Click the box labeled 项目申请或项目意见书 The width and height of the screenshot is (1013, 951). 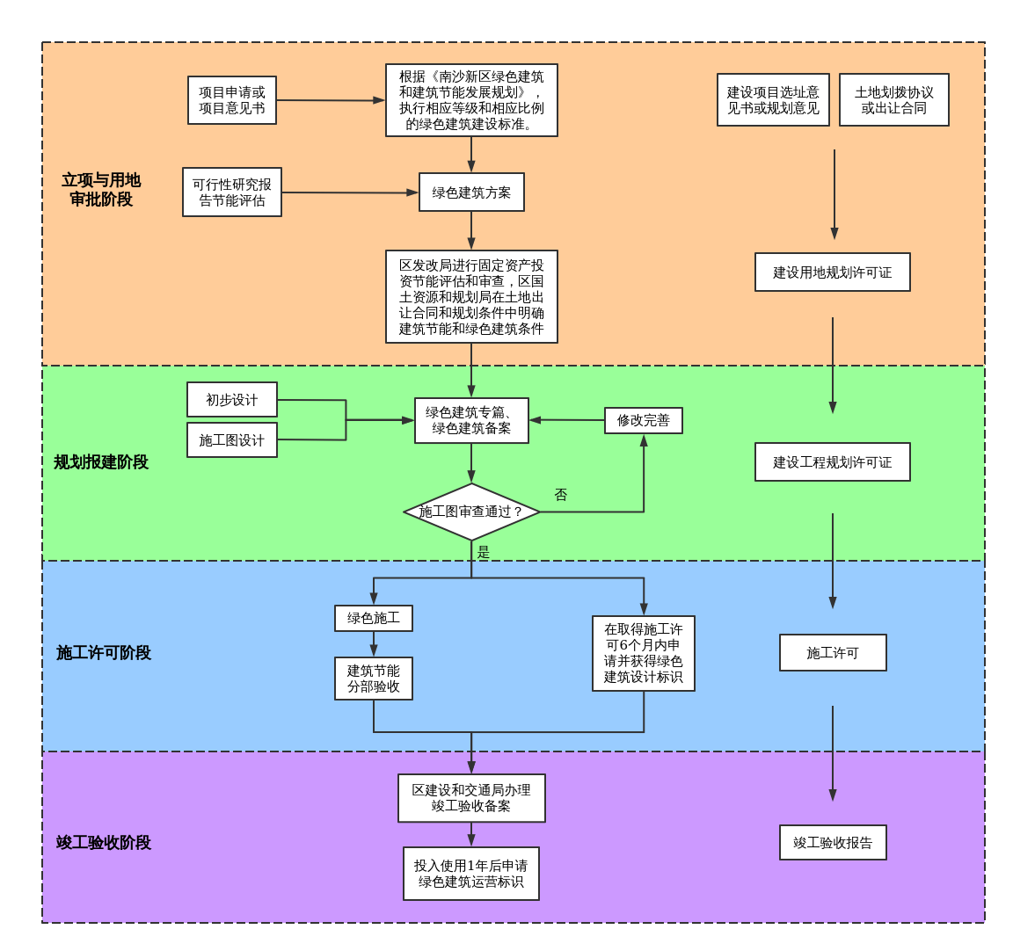click(232, 100)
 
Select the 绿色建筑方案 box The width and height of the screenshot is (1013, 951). click(471, 192)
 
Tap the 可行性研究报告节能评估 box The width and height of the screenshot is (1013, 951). click(232, 192)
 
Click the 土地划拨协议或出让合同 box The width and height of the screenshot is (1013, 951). click(893, 100)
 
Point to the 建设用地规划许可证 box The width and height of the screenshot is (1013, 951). click(832, 272)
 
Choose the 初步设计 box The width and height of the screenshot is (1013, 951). click(232, 400)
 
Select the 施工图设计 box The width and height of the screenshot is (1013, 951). click(232, 440)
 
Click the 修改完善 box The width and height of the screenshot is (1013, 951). click(643, 420)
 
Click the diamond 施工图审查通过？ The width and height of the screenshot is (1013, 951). click(471, 512)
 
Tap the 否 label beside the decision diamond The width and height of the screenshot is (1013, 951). click(561, 495)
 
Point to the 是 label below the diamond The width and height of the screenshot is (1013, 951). click(483, 552)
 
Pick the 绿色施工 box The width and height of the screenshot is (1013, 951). click(373, 618)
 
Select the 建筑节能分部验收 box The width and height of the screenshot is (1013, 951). click(373, 679)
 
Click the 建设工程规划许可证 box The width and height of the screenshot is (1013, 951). click(832, 462)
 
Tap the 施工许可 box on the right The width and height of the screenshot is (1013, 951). click(832, 653)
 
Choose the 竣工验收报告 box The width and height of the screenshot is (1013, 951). click(832, 843)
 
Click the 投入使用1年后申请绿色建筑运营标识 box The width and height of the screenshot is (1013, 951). click(471, 874)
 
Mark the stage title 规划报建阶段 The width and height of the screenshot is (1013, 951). click(101, 462)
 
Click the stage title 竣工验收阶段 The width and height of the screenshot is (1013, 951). click(104, 843)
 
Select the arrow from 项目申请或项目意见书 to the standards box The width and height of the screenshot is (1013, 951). click(331, 100)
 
